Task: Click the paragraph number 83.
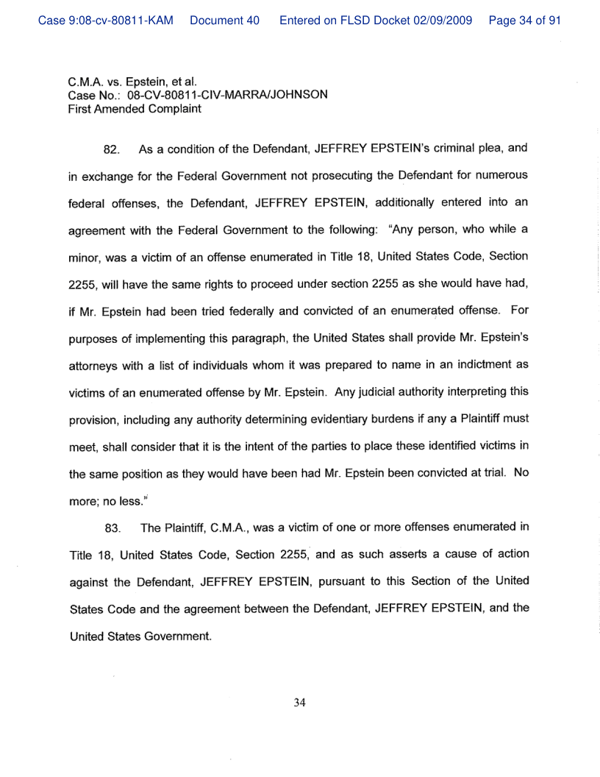112,528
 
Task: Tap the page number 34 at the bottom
299,703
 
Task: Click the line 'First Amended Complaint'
135,109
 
